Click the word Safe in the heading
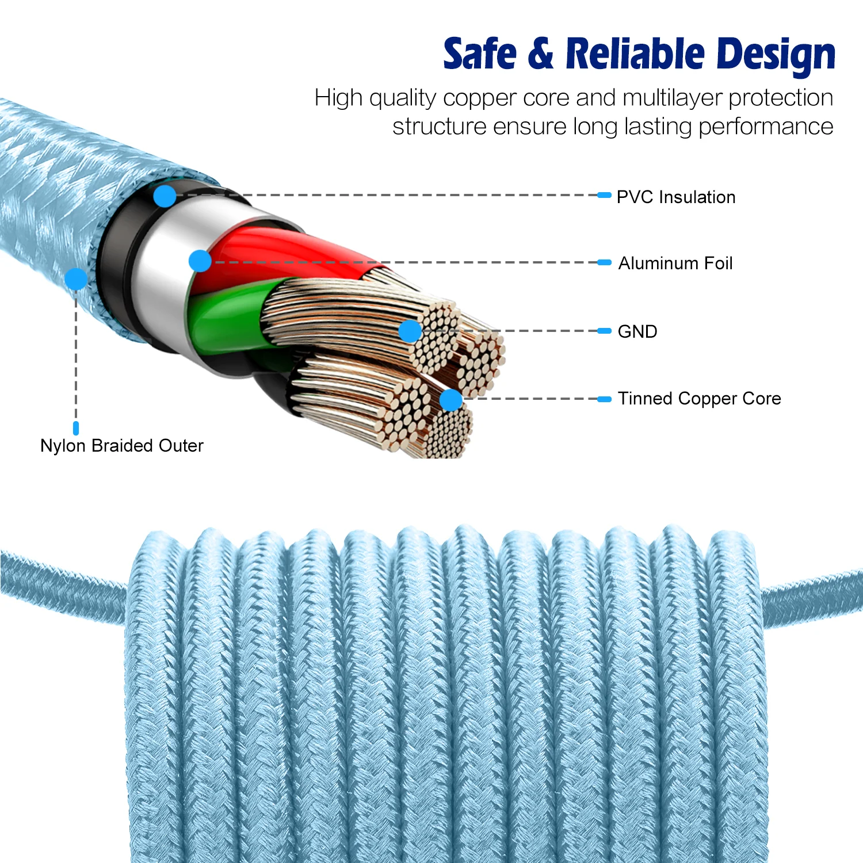tap(480, 54)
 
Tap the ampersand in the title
tap(540, 54)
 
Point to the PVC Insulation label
tap(675, 197)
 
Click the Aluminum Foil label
tap(675, 264)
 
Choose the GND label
tap(637, 331)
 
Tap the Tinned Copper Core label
tap(699, 398)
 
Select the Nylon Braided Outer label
tap(121, 445)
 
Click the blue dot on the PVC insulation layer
tap(165, 196)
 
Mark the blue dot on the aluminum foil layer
tap(200, 261)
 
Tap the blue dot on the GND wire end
tap(410, 331)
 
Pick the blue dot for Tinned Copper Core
tap(451, 399)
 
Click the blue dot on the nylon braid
tap(76, 279)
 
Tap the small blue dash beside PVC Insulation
tap(604, 196)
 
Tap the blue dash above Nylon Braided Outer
tap(76, 428)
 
